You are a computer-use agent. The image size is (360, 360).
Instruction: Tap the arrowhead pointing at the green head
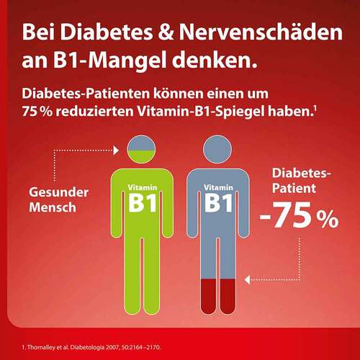coord(114,150)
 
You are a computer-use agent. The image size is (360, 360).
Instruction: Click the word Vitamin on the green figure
coord(143,187)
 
